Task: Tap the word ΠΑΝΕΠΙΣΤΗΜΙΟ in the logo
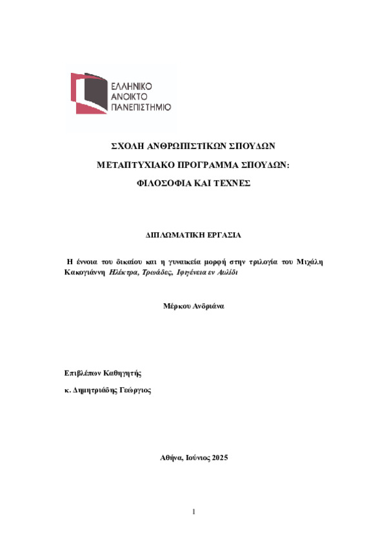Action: tap(141, 107)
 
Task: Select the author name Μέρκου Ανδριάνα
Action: tap(193, 307)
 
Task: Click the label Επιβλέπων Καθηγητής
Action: tap(103, 372)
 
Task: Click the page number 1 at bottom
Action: tap(193, 512)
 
